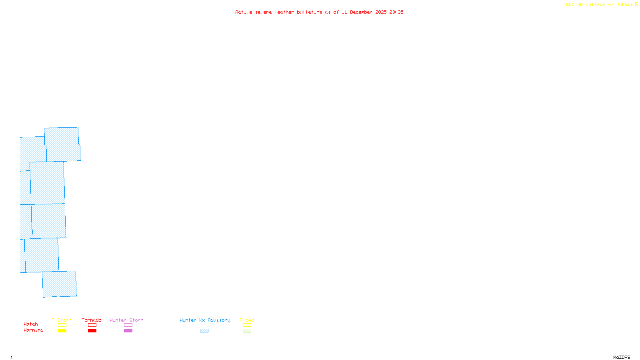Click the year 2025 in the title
(381, 12)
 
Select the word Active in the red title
(244, 12)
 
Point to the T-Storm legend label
(62, 320)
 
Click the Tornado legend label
(92, 320)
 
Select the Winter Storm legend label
(126, 320)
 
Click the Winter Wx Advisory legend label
(205, 320)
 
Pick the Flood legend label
(247, 320)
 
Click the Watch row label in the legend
(31, 324)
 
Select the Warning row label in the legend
(33, 330)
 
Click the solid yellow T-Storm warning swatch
(62, 331)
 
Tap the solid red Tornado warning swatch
(92, 331)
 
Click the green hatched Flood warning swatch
(247, 331)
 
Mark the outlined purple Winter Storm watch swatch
(128, 325)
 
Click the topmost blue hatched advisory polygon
(62, 144)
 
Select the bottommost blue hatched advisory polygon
(59, 284)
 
